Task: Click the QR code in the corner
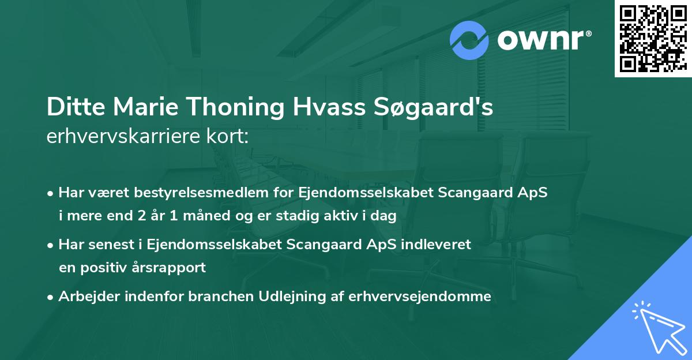click(x=652, y=39)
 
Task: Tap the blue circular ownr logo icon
click(x=469, y=40)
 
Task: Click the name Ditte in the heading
click(x=70, y=108)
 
